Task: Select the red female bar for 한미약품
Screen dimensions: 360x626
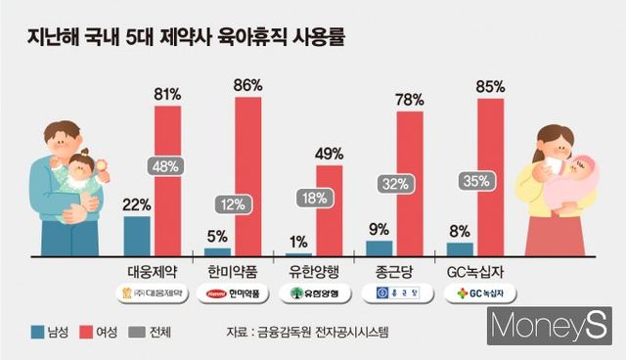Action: pos(247,176)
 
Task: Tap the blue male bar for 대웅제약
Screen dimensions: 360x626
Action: pos(137,236)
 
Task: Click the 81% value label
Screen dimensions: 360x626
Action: pos(167,94)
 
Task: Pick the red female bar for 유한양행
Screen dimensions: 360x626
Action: pos(329,210)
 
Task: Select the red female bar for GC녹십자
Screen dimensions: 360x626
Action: pos(490,177)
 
